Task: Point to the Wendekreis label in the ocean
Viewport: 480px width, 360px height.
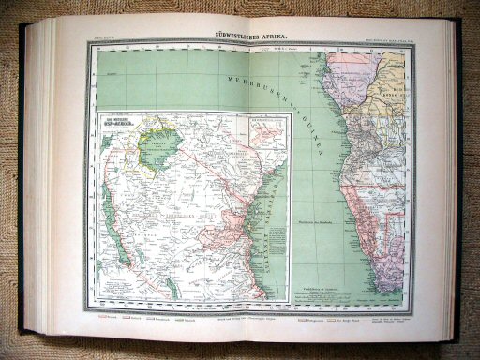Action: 310,219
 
